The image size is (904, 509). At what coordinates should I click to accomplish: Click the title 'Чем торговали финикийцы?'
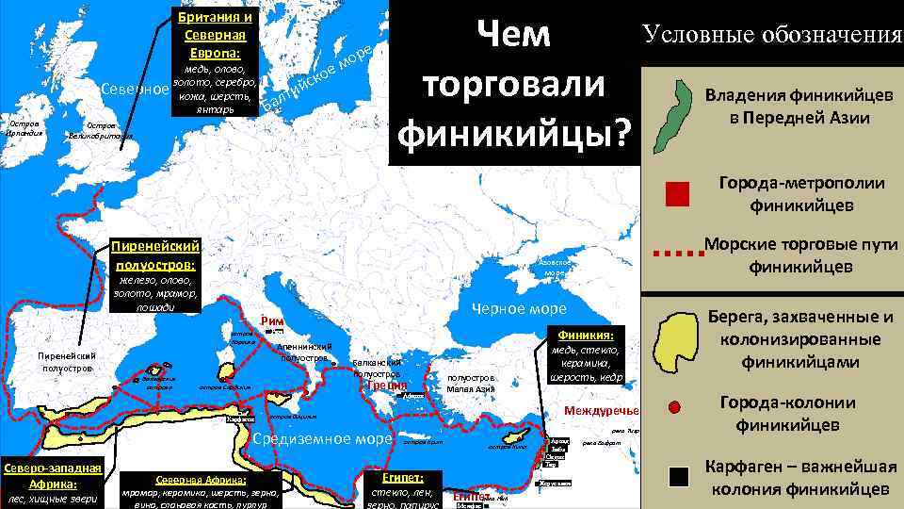coord(512,86)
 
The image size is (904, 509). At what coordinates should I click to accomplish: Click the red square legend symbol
coord(677,193)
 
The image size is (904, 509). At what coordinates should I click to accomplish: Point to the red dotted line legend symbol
coord(677,254)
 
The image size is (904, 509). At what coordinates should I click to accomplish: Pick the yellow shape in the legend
coord(677,339)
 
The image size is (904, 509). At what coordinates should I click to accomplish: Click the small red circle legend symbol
coord(674,407)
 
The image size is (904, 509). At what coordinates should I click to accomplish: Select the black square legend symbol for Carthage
coord(678,477)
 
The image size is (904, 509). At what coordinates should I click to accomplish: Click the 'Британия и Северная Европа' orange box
coord(214,36)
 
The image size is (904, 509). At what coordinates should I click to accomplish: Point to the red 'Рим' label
coord(273,320)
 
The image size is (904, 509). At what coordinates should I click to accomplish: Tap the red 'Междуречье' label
coord(601,412)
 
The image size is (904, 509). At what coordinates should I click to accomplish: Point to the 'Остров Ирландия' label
coord(23,127)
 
